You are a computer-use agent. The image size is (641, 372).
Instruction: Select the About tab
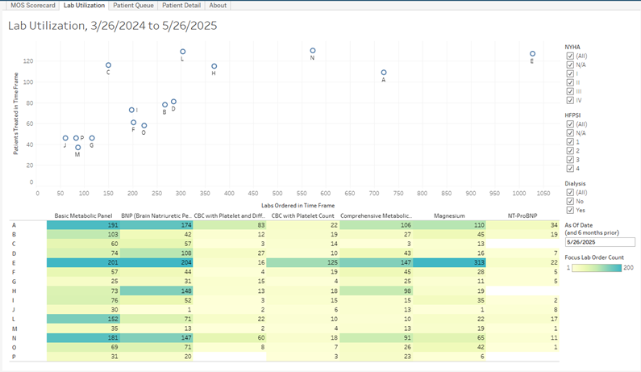click(218, 5)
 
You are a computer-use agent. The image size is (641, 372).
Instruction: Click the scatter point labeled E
click(532, 54)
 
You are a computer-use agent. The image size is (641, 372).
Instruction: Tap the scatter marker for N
click(313, 51)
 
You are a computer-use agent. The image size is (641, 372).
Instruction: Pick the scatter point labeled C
click(108, 65)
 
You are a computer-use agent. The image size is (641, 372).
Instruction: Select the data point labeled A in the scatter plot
click(384, 73)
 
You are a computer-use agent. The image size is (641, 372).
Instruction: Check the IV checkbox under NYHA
click(570, 101)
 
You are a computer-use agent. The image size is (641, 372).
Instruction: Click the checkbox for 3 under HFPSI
click(570, 160)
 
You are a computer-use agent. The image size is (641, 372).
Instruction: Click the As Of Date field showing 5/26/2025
click(599, 241)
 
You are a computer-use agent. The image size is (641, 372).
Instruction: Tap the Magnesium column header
click(449, 215)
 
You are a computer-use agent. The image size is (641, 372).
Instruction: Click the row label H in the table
click(14, 290)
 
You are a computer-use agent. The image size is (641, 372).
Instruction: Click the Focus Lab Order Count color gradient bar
click(600, 267)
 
